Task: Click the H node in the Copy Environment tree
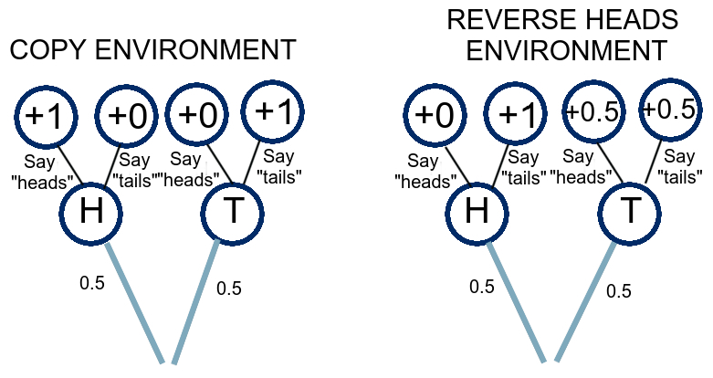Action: (91, 213)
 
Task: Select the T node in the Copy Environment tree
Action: (233, 213)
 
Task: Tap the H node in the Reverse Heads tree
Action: (477, 213)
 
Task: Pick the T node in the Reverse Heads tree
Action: (630, 213)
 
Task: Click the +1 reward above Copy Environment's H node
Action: (46, 117)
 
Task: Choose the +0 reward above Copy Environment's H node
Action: (127, 116)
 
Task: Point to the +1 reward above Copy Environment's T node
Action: (272, 112)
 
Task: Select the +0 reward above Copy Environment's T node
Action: (197, 115)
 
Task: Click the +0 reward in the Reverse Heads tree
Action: (435, 115)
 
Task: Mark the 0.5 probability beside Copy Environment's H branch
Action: (92, 283)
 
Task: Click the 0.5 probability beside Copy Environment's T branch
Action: (229, 288)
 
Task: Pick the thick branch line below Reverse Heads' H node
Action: (515, 302)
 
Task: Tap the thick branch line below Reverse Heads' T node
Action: (585, 302)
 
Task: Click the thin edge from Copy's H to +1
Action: (71, 164)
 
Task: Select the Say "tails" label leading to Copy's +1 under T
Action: (278, 166)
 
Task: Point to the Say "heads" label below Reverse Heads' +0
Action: (425, 171)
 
